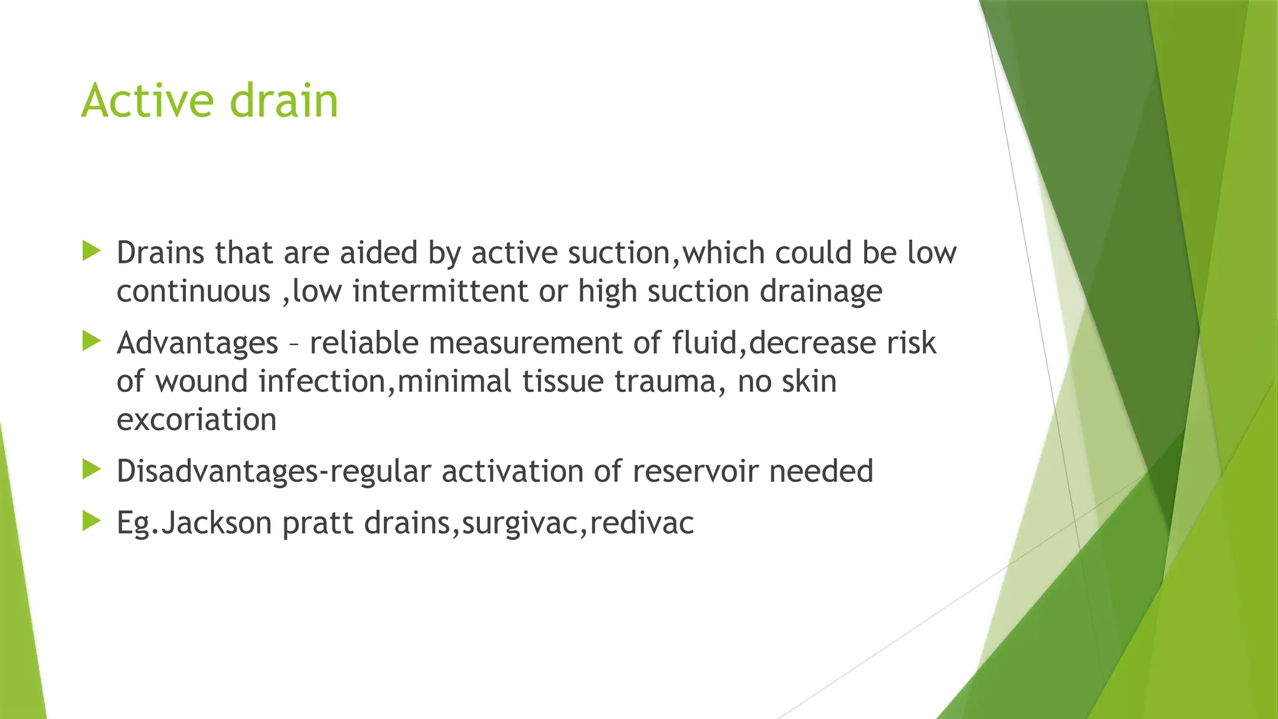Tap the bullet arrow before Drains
click(x=91, y=252)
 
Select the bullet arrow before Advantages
click(x=91, y=341)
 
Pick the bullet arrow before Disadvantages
click(x=91, y=470)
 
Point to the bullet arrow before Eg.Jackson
click(x=91, y=521)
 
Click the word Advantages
click(x=197, y=343)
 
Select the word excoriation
click(x=197, y=419)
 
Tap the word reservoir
click(x=695, y=471)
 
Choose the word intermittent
click(x=441, y=291)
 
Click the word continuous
click(x=193, y=291)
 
